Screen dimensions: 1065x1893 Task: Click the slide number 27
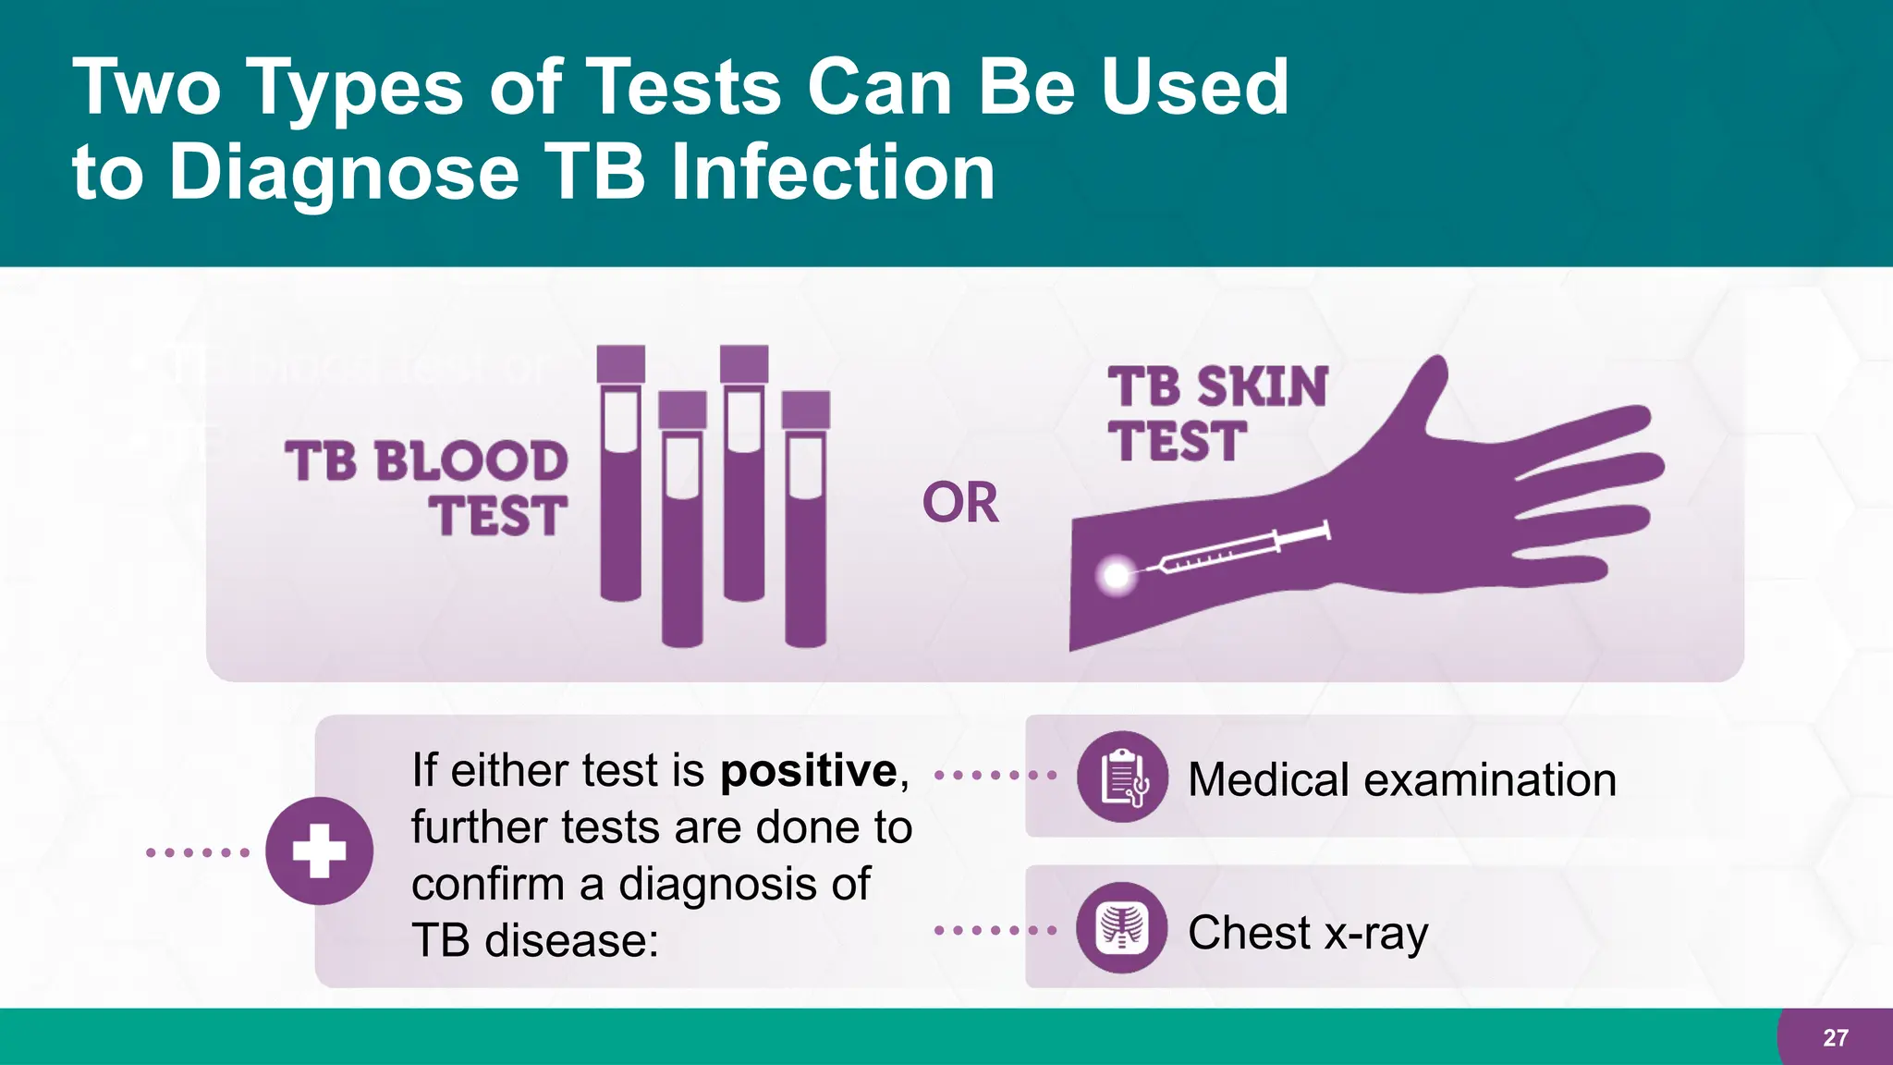(1836, 1038)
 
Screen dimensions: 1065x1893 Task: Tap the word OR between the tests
(960, 504)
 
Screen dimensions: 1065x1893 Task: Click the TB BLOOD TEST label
(428, 487)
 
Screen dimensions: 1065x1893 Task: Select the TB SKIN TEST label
(1215, 414)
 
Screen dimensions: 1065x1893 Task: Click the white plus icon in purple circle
(320, 851)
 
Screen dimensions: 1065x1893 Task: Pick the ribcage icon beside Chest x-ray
(1122, 928)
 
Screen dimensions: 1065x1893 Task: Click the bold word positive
(809, 771)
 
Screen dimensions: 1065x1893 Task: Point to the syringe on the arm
(1239, 550)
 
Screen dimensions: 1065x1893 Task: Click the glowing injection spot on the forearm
(1117, 576)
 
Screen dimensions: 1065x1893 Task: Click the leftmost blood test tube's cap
(621, 363)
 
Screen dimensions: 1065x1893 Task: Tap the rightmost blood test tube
(805, 536)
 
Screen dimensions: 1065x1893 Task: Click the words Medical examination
(1401, 779)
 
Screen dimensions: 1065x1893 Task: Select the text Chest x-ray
(1307, 932)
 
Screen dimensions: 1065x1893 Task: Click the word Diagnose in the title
(344, 173)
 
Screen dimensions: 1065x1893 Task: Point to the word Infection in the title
(833, 173)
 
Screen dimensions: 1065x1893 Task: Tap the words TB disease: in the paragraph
(534, 941)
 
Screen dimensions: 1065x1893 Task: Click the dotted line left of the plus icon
(198, 852)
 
